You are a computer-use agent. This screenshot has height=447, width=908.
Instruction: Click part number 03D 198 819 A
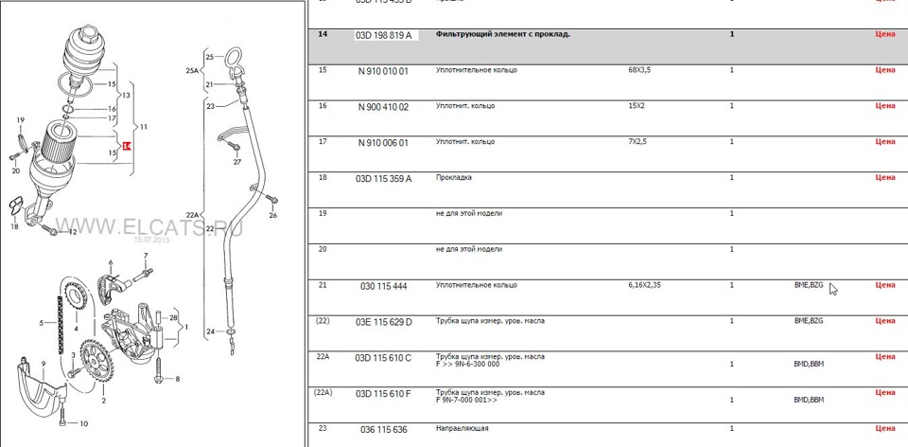tap(383, 35)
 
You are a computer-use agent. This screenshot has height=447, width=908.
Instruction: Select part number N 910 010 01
tap(383, 70)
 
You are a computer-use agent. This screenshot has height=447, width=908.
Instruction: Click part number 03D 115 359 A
tap(383, 177)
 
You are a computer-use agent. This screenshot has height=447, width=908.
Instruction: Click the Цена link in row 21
tap(884, 284)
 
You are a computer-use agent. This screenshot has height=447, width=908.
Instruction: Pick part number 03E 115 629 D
tap(383, 321)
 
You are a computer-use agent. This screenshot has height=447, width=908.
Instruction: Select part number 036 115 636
tap(383, 429)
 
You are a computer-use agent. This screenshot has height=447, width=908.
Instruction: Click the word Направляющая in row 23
tap(462, 429)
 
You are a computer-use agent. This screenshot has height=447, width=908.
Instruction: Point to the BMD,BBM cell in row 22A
tap(809, 364)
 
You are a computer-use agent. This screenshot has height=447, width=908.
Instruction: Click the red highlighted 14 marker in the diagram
tap(129, 146)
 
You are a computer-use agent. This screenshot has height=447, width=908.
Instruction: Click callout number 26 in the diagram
tap(272, 215)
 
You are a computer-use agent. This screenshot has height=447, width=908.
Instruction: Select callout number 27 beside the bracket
tap(237, 162)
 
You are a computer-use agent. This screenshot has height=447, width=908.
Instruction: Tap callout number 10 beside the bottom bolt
tap(84, 423)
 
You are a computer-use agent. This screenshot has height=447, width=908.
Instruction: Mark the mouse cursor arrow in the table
tap(833, 289)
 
